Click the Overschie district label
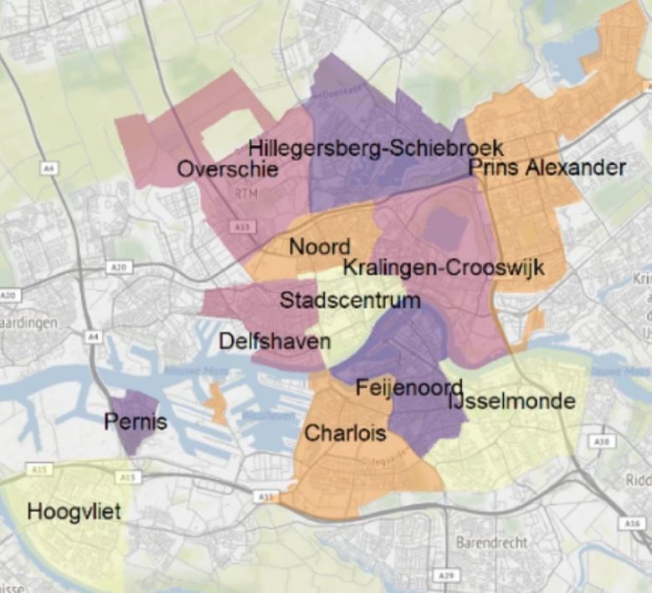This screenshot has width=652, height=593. coord(228,170)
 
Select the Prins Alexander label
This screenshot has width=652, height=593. coord(547,168)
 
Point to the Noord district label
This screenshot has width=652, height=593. coord(319,247)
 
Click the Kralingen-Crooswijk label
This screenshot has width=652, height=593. coord(444,268)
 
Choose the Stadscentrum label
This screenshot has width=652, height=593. coord(350,300)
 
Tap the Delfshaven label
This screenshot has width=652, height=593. coord(275,342)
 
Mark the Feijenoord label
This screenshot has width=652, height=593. coord(409,388)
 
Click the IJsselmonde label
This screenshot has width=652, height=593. coord(512,402)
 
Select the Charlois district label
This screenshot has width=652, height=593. coord(345,433)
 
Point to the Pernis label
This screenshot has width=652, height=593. coord(136,422)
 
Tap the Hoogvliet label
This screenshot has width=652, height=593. coord(74,511)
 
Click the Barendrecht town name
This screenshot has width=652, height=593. coord(491,543)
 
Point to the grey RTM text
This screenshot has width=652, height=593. coord(247,194)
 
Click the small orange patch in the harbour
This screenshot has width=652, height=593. coord(216,403)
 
